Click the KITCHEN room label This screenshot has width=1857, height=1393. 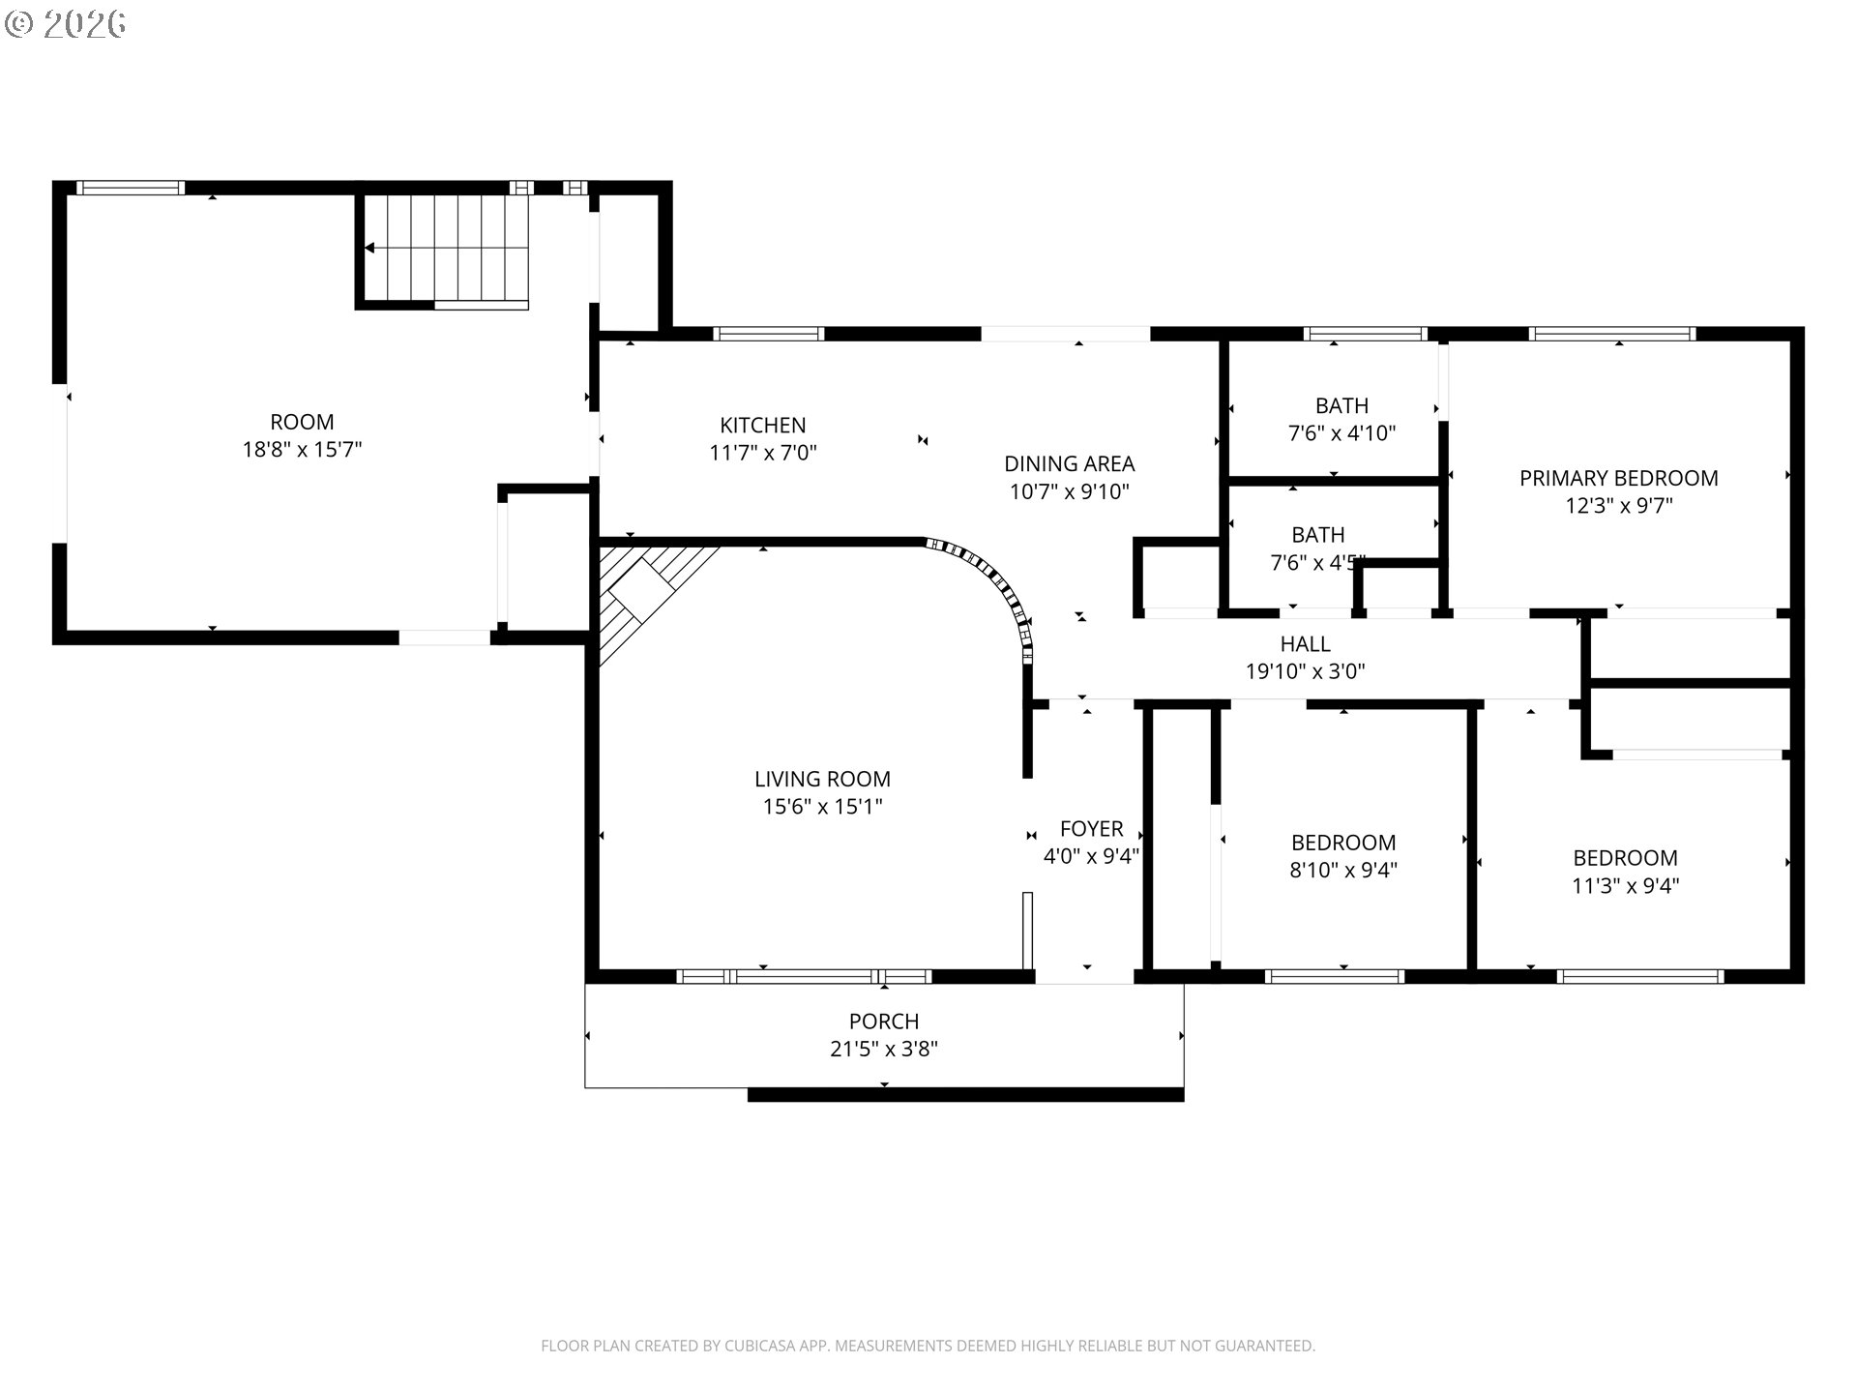(762, 426)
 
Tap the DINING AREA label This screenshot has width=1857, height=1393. (1069, 464)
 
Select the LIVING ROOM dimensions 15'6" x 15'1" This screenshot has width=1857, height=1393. (822, 807)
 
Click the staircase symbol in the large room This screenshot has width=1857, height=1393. (445, 250)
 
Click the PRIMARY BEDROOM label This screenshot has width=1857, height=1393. (1618, 479)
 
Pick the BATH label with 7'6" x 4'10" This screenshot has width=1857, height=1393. (1341, 406)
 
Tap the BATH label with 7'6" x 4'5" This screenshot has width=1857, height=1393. (1317, 536)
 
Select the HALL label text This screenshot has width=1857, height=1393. (1305, 644)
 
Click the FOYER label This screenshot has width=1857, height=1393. (1091, 829)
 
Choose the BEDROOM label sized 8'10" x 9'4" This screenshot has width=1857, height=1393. (1343, 843)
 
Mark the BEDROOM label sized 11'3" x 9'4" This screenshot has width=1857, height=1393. (1625, 858)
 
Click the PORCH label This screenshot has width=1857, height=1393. (884, 1022)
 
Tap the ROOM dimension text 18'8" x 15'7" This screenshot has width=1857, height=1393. (302, 450)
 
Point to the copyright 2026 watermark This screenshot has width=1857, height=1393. (66, 24)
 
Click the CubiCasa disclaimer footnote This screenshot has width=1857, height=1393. (928, 1346)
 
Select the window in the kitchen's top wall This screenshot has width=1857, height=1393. (769, 334)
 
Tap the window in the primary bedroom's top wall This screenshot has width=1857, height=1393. (1612, 334)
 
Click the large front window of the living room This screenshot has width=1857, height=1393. (804, 976)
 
